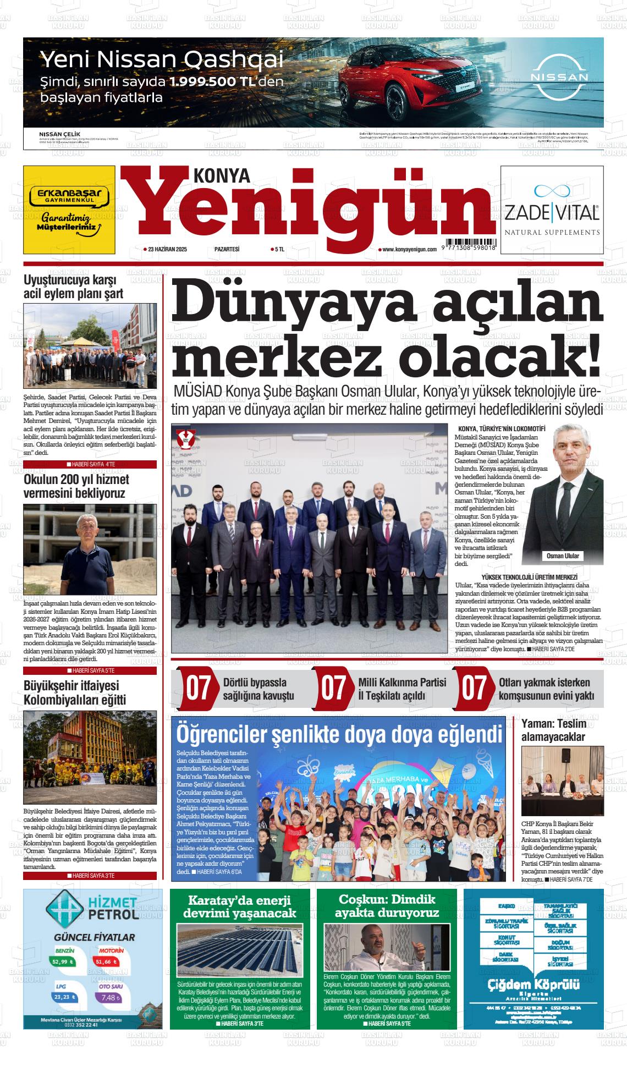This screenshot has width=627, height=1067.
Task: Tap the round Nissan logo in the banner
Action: [x=559, y=77]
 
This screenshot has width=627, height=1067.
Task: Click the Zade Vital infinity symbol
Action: [x=551, y=190]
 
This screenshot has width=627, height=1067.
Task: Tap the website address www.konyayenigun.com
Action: [x=409, y=250]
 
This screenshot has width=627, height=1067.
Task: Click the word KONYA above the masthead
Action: [x=222, y=175]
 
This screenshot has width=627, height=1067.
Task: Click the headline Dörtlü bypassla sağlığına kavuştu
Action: [x=258, y=689]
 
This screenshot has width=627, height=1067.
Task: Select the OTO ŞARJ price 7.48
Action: [x=111, y=997]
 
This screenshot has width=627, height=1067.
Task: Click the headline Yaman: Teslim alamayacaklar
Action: [x=553, y=730]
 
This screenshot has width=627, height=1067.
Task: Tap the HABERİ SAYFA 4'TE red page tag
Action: [x=90, y=464]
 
